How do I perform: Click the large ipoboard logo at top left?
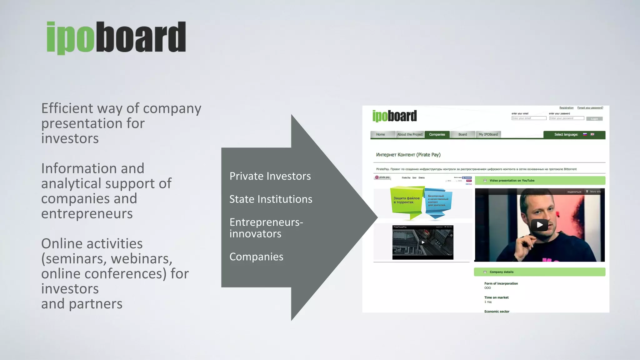116,37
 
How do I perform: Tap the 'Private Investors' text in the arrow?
270,176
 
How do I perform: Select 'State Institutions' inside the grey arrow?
271,199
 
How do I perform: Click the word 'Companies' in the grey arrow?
256,257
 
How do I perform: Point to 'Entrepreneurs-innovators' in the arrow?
266,228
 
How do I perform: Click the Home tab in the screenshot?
380,135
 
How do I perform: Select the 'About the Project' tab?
410,135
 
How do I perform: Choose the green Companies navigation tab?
437,135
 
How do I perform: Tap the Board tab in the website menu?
462,135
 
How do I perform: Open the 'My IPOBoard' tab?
488,135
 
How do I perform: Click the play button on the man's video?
540,225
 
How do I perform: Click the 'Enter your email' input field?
529,118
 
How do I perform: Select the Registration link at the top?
566,108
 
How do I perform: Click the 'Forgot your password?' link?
590,108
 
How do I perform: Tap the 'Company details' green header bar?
539,272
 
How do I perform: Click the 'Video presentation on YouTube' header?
540,181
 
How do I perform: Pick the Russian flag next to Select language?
585,134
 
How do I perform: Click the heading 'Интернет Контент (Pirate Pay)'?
408,155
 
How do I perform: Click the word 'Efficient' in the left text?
67,108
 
